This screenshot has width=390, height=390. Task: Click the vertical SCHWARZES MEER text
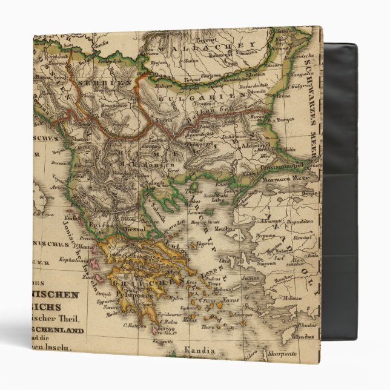(x=313, y=115)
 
